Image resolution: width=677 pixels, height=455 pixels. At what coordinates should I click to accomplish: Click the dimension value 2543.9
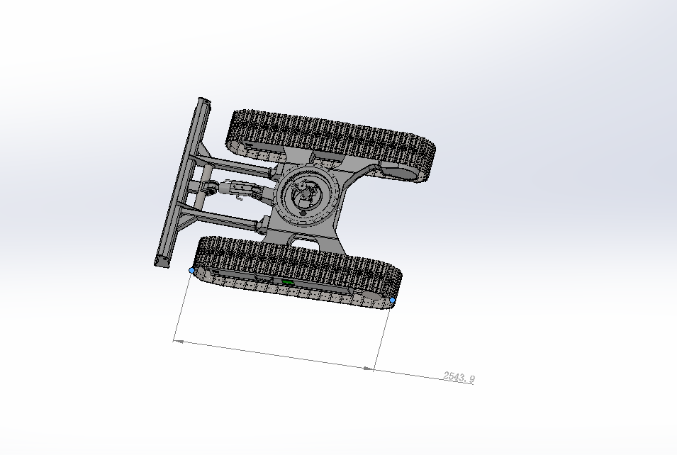click(x=459, y=377)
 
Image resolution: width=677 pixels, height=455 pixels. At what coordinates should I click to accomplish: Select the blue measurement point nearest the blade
click(x=192, y=271)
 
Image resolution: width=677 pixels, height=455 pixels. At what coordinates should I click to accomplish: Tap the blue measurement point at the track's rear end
click(x=393, y=300)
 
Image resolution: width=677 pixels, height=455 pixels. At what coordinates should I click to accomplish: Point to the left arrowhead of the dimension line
click(x=179, y=341)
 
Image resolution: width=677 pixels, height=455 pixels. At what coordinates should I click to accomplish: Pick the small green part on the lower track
click(x=286, y=281)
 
